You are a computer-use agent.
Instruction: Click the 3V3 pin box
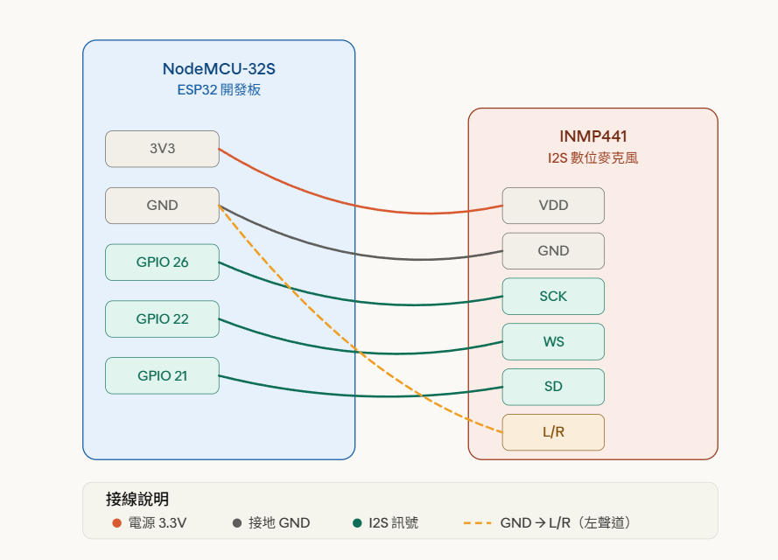(162, 149)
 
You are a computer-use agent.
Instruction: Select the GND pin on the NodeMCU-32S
(162, 206)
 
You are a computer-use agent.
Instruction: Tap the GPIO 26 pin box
(162, 262)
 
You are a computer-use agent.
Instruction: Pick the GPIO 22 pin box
(162, 319)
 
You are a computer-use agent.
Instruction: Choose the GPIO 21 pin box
(162, 376)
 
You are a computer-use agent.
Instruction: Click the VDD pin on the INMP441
(553, 206)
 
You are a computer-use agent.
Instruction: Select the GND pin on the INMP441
(553, 251)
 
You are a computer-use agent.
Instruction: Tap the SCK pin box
(553, 297)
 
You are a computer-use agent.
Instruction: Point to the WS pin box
(553, 342)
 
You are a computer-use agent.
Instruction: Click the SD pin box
(553, 387)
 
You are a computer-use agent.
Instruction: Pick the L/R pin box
(553, 432)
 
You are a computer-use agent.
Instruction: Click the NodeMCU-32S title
(219, 69)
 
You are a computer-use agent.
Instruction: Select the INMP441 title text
(592, 136)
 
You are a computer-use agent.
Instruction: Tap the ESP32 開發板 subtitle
(219, 90)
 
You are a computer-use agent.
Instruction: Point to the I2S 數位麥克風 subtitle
(592, 158)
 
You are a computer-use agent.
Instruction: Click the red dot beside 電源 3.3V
(116, 523)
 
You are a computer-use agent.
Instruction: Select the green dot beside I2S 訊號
(357, 523)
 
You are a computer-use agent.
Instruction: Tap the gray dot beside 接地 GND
(236, 523)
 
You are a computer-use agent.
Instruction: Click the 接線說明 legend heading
(137, 500)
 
